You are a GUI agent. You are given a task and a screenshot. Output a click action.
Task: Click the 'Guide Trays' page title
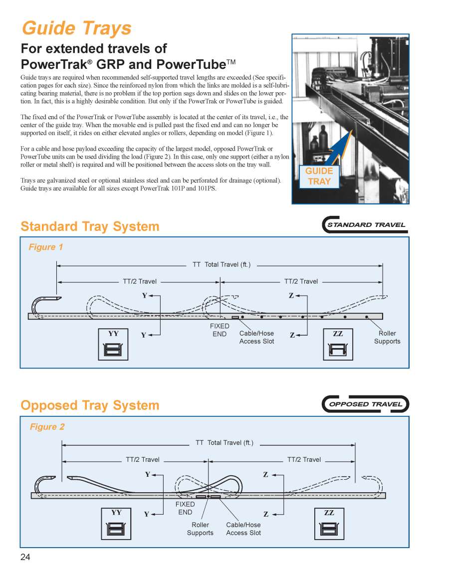click(x=76, y=28)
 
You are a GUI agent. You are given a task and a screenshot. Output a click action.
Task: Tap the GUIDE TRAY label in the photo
click(x=319, y=177)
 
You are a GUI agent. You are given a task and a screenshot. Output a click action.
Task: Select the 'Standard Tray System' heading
click(x=90, y=226)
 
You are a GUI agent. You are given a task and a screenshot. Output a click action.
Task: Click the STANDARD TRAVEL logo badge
click(x=365, y=225)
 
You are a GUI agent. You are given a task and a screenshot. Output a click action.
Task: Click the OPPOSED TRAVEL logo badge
click(x=366, y=404)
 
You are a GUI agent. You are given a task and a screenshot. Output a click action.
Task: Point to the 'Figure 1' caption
click(x=46, y=247)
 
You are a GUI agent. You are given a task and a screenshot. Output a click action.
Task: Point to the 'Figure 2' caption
click(x=47, y=426)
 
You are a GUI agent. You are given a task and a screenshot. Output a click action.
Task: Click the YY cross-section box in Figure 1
click(x=113, y=344)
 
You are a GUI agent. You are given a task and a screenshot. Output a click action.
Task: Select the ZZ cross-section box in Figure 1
click(x=338, y=344)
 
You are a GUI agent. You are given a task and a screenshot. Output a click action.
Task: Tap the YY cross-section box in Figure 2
click(x=116, y=523)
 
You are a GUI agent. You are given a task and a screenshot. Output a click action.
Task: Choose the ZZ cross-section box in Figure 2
click(x=329, y=523)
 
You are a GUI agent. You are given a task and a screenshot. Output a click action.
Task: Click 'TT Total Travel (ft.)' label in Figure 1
click(x=222, y=264)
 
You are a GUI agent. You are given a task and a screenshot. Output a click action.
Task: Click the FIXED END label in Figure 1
click(x=220, y=330)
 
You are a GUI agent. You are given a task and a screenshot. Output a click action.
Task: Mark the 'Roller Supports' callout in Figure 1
click(x=387, y=337)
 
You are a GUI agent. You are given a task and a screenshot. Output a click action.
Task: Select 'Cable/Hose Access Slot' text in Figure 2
click(x=243, y=529)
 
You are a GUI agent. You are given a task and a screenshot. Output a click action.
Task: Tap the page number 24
click(x=25, y=557)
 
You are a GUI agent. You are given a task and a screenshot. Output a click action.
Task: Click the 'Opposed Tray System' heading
click(x=90, y=405)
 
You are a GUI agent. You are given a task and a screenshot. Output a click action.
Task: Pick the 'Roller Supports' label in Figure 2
click(x=200, y=529)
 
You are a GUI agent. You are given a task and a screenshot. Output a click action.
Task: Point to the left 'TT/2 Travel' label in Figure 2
click(x=143, y=459)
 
